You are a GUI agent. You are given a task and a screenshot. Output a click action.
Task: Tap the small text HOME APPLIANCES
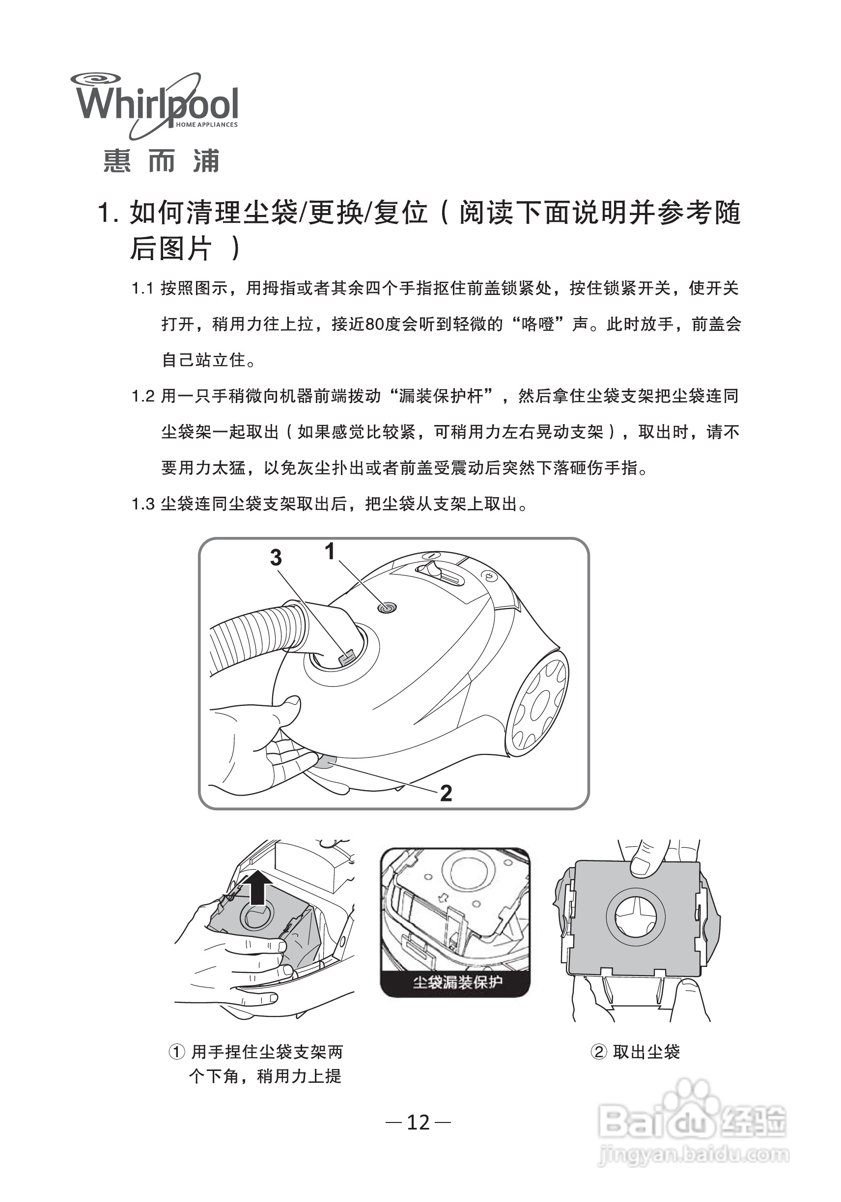tap(206, 125)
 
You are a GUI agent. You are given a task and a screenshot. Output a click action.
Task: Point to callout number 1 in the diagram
tap(330, 551)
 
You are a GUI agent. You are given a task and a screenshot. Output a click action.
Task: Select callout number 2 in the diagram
tap(446, 793)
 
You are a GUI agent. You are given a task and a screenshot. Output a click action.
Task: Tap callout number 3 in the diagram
tap(276, 558)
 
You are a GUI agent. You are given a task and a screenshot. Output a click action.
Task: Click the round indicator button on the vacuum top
tap(387, 608)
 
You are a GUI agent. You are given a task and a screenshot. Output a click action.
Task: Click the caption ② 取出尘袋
tap(635, 1052)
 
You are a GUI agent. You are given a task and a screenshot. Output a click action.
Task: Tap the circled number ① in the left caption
tap(176, 1052)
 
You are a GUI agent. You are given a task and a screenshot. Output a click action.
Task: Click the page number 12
tap(418, 1122)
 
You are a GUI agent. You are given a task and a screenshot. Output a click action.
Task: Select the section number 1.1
tap(142, 289)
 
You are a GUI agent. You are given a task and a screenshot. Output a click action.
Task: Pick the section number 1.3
tap(143, 504)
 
